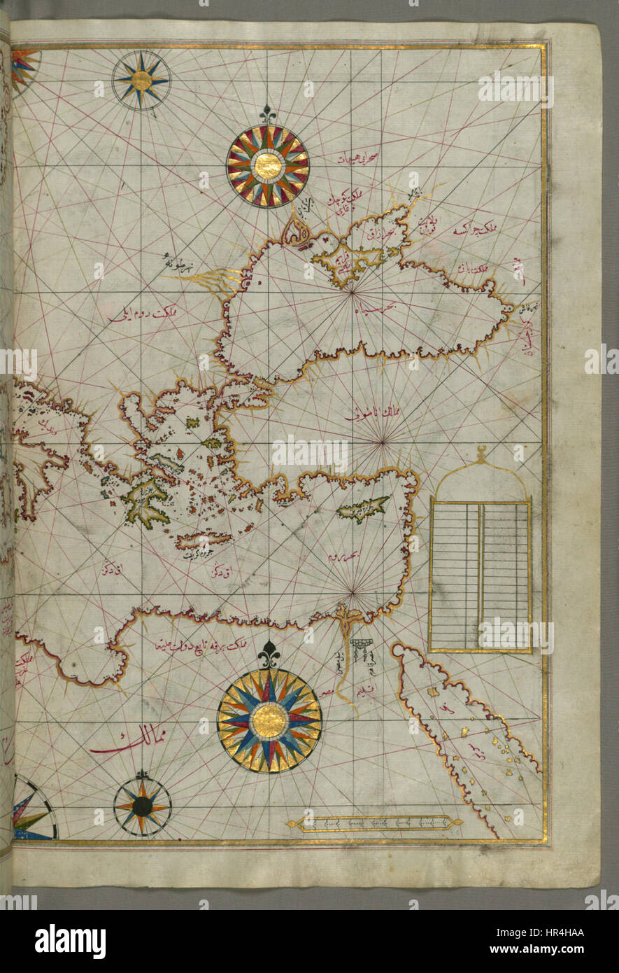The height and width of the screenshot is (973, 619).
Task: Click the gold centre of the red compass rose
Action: point(267,166)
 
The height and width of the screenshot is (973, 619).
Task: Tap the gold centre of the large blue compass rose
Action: point(269,720)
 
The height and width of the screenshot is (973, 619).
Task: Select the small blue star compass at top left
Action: point(141,80)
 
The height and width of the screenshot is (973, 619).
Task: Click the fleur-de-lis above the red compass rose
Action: point(267,113)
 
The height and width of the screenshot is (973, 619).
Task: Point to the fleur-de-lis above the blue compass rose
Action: point(269,654)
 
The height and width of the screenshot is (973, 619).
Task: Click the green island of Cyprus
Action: point(363,508)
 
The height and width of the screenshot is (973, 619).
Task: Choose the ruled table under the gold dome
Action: point(480,575)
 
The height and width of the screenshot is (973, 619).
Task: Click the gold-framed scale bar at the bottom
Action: point(374,823)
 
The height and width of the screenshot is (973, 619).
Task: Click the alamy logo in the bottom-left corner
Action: point(70,941)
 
